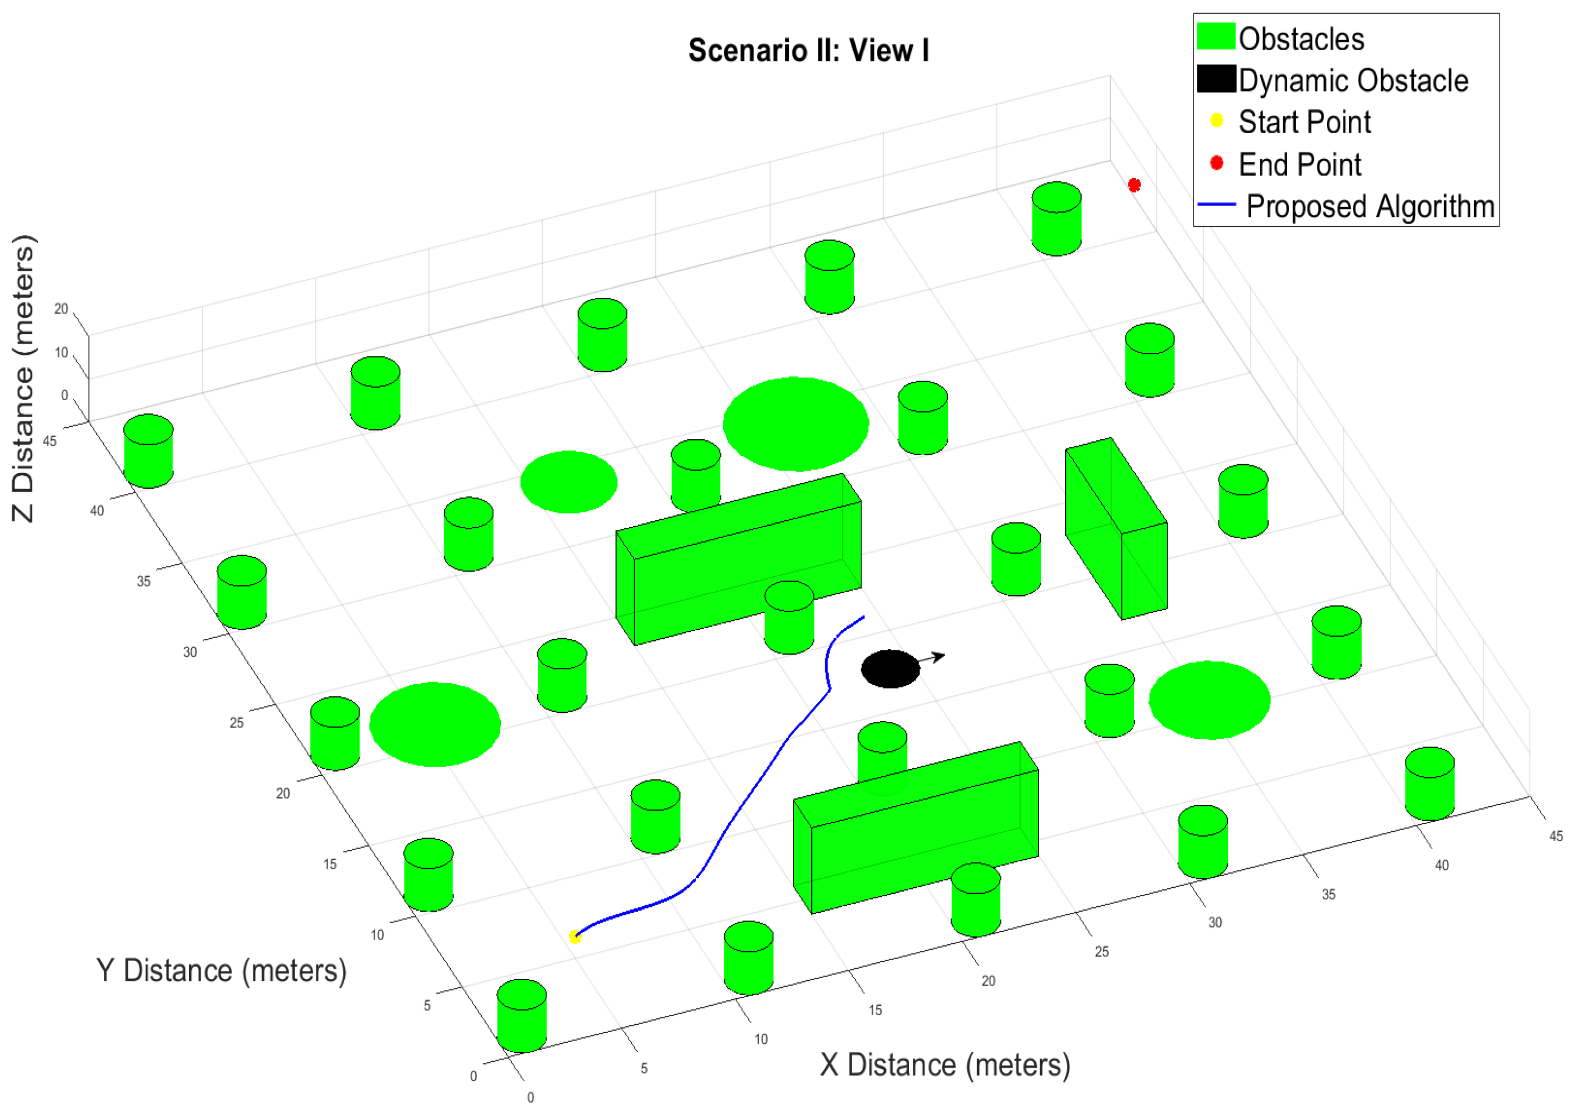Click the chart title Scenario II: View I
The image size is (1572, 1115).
coord(809,51)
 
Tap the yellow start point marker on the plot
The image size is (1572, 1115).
coord(575,937)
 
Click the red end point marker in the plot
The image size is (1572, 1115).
coord(1134,185)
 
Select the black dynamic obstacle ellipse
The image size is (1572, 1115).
coord(890,669)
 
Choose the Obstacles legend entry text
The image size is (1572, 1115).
coord(1301,39)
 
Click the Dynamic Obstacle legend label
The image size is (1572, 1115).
coord(1353,80)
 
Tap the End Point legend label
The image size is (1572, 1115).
coord(1300,165)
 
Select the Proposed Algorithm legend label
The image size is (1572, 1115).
coord(1370,207)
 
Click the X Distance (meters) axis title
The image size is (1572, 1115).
coord(945,1065)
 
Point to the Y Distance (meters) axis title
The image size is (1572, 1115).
coord(221,971)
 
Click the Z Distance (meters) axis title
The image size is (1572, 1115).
coord(23,378)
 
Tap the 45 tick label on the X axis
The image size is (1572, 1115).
coord(1556,836)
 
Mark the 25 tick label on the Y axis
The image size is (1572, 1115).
coord(236,722)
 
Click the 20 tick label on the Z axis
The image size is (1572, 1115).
coord(61,309)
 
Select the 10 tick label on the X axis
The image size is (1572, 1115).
coord(761,1039)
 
